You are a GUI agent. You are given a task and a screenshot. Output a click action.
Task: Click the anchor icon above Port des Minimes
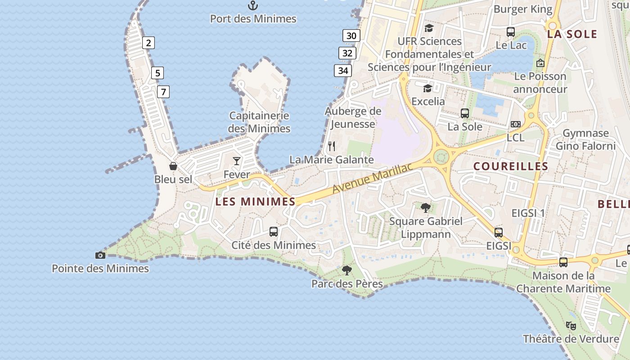[x=253, y=5]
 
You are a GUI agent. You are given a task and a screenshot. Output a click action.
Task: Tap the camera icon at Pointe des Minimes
[x=100, y=255]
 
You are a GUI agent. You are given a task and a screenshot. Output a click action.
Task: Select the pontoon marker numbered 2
[x=148, y=43]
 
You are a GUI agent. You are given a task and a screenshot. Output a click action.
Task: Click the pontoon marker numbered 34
[x=343, y=71]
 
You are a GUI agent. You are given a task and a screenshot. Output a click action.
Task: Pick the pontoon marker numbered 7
[x=163, y=92]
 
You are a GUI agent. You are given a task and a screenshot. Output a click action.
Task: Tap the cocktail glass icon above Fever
[x=237, y=161]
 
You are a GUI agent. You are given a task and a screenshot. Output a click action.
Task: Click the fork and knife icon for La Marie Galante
[x=332, y=146]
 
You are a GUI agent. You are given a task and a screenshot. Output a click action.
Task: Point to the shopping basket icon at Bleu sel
[x=173, y=166]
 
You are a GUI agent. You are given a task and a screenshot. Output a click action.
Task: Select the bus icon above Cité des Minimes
[x=274, y=232]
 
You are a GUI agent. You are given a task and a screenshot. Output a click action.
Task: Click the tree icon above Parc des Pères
[x=346, y=270]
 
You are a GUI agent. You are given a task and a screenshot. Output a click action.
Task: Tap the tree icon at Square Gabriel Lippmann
[x=425, y=207]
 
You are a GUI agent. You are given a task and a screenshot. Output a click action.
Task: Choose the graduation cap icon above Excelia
[x=427, y=88]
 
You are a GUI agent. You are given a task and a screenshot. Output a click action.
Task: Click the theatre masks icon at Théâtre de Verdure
[x=571, y=325]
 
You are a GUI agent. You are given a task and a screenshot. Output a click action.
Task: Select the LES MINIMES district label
[x=255, y=202]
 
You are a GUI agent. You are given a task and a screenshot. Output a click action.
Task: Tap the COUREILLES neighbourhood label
[x=511, y=166]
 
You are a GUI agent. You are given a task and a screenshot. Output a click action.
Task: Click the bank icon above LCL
[x=515, y=124]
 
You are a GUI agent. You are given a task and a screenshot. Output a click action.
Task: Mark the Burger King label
[x=523, y=9]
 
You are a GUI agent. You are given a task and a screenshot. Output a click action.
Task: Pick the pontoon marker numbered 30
[x=351, y=36]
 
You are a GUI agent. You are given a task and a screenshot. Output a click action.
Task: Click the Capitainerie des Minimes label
[x=259, y=122]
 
